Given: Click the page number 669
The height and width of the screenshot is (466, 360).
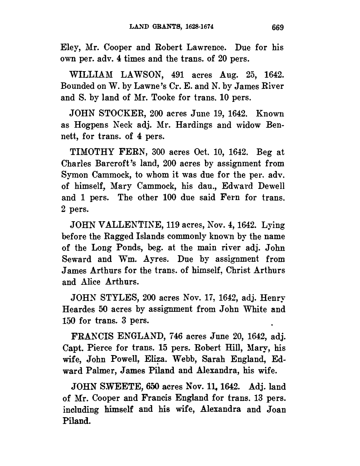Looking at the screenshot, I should (277, 27).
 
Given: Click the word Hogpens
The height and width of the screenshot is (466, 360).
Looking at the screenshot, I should (88, 125).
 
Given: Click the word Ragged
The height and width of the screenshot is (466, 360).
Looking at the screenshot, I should (114, 237).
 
